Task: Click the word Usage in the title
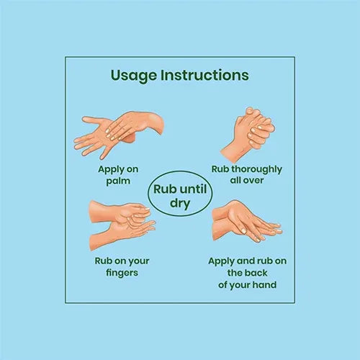pos(133,76)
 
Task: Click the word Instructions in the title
pos(204,75)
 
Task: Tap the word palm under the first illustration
pos(118,181)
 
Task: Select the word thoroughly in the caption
pos(256,170)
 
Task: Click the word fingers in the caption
pos(122,273)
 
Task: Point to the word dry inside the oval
pos(180,204)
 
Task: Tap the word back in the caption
pos(256,273)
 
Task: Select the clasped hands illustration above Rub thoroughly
pos(248,135)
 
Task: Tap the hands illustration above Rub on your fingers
pos(122,225)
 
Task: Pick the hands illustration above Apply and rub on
pos(247,221)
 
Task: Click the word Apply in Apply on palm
pos(109,170)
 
